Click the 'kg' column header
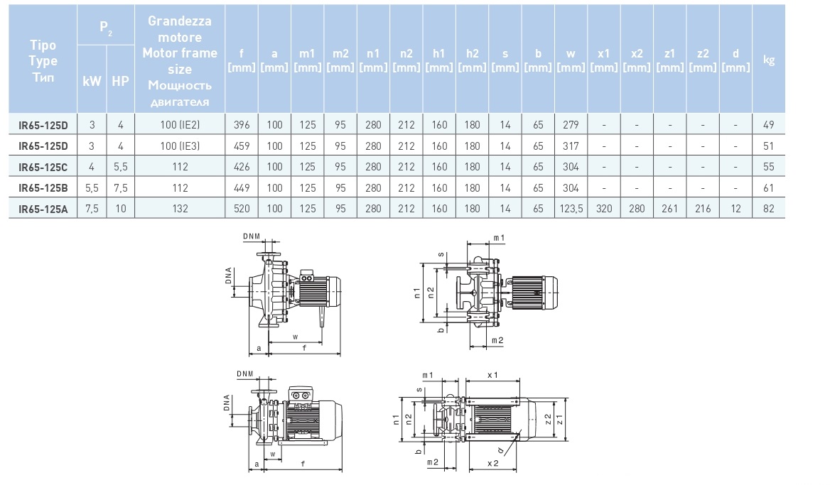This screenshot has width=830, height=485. (768, 60)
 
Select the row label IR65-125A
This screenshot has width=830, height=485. (43, 208)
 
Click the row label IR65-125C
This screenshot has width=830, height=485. (43, 166)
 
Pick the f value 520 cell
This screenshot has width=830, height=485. (242, 208)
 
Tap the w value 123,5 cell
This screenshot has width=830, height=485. (571, 208)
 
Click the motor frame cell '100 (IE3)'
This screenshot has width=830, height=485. (180, 146)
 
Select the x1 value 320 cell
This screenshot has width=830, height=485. (604, 208)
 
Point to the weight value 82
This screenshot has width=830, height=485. (768, 208)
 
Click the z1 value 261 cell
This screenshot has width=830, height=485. (670, 208)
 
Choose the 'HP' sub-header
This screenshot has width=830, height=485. (121, 81)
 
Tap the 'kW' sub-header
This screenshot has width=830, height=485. (92, 81)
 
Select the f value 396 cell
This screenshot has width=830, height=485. (242, 125)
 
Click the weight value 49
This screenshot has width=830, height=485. (768, 125)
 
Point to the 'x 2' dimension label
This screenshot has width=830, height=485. (492, 463)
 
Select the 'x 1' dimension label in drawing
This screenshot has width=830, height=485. (492, 375)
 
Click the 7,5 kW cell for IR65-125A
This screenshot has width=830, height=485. (92, 208)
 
